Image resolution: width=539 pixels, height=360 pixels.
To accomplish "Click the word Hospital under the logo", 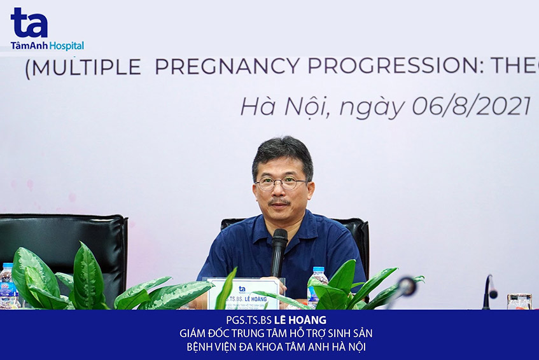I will (67, 46).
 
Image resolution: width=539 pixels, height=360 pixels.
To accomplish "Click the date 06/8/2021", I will (472, 106).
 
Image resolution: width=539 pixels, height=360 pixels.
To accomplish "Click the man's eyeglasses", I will (281, 184).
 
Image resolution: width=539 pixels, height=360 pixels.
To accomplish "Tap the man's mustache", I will (280, 203).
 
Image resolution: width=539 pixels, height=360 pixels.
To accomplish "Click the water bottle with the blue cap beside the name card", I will (316, 284).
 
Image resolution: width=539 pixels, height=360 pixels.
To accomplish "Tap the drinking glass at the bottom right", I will (519, 301).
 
